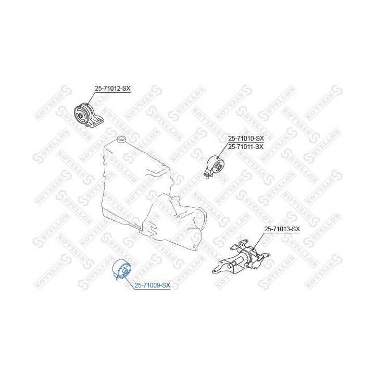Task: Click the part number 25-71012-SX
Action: click(112, 89)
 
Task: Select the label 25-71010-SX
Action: click(246, 139)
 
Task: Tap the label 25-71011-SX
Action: click(246, 146)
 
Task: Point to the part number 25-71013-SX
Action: click(282, 229)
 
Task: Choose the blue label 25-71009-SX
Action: click(152, 285)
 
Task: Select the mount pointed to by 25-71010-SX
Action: click(215, 166)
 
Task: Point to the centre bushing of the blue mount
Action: click(125, 271)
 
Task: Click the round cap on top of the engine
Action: click(121, 138)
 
